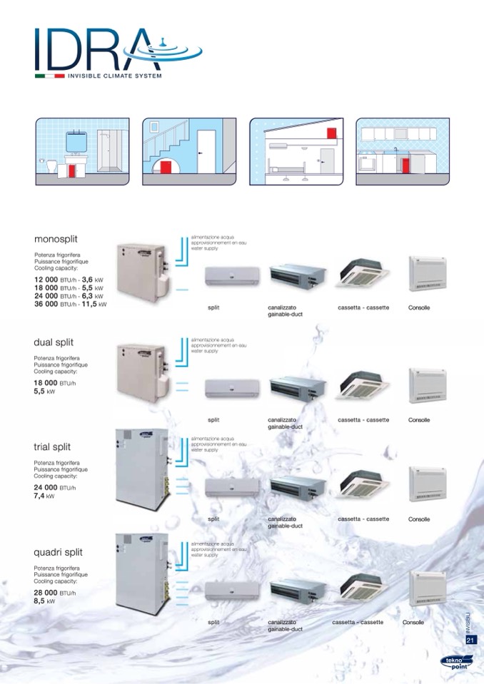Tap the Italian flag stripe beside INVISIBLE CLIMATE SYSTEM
click(x=50, y=76)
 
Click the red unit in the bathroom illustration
click(x=73, y=171)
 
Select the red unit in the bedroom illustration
click(x=331, y=133)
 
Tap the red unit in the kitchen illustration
click(x=405, y=165)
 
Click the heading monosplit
click(x=56, y=239)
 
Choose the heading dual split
click(x=54, y=342)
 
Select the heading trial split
click(x=52, y=446)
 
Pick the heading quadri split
click(x=58, y=552)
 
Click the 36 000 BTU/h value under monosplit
click(x=70, y=305)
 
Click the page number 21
click(x=470, y=640)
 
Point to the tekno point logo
click(x=455, y=665)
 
